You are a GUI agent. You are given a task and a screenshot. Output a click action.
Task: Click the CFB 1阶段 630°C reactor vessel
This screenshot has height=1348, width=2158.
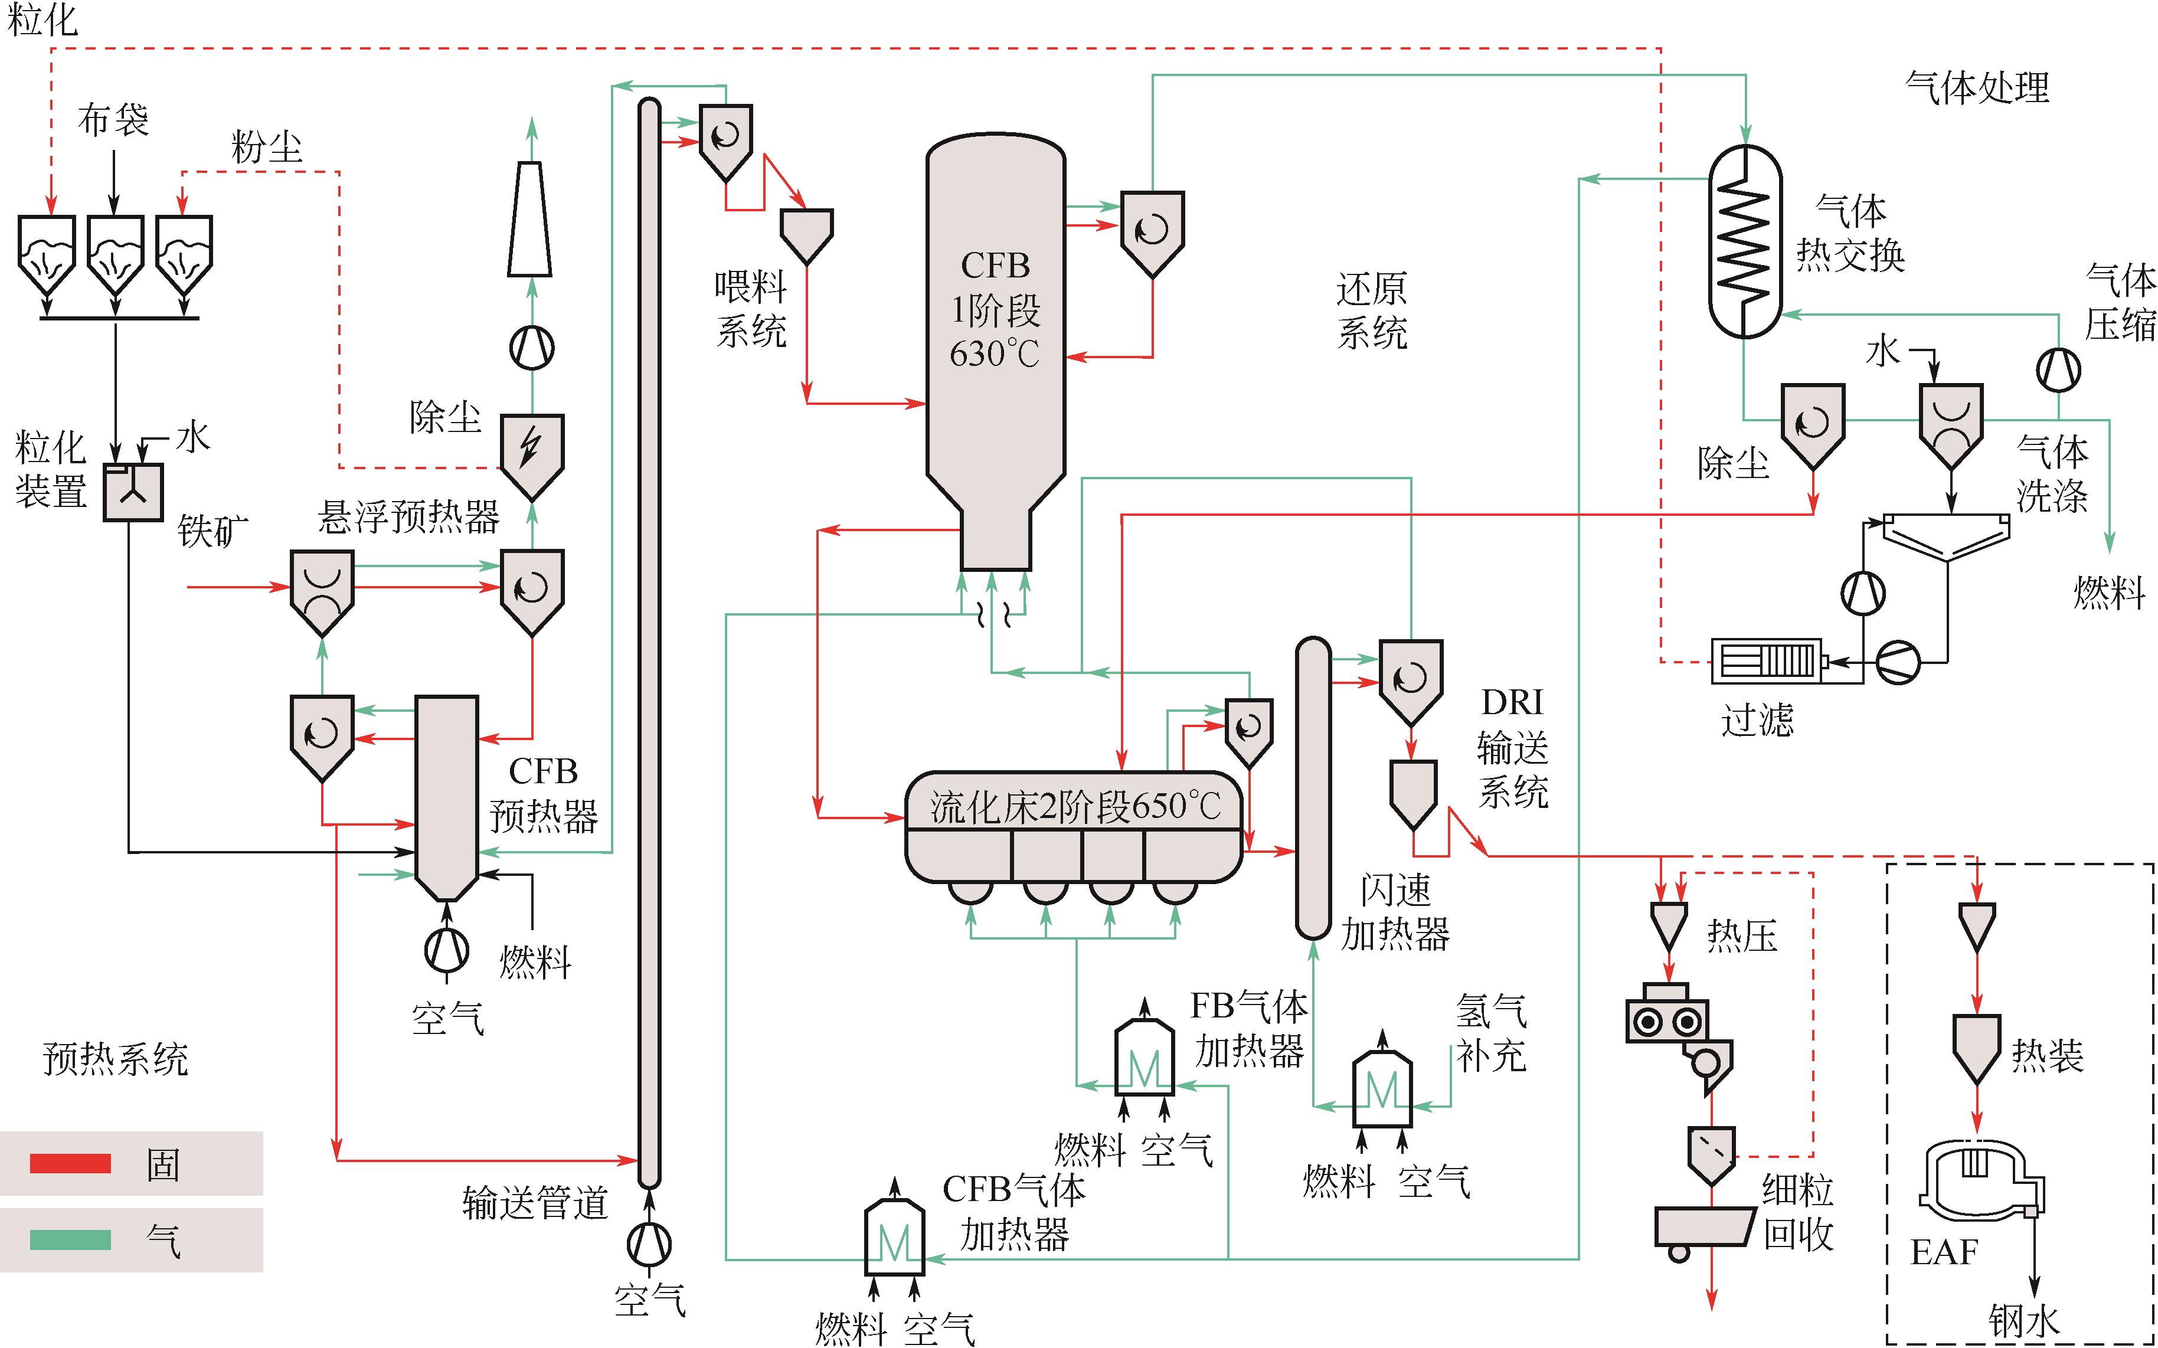996,352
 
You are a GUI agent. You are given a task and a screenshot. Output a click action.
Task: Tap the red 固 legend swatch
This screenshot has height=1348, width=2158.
70,1163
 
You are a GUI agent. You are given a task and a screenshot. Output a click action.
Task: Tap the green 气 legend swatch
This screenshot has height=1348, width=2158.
70,1240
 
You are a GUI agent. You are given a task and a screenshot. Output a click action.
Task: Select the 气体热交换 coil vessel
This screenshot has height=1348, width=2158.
1744,241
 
